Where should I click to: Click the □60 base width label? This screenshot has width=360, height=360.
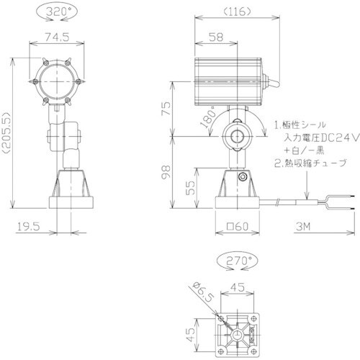point(237,228)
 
